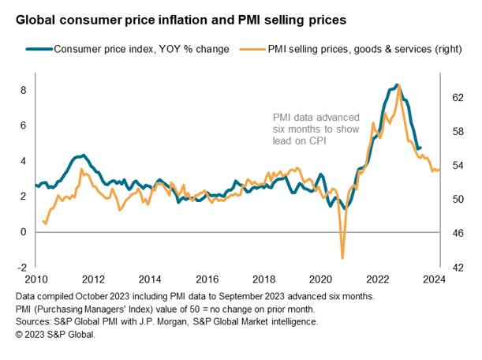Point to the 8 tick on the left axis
[x=24, y=91]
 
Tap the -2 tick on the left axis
[x=22, y=268]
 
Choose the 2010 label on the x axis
[x=36, y=279]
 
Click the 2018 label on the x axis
[x=263, y=279]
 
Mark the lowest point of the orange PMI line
[x=342, y=258]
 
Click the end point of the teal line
[x=420, y=148]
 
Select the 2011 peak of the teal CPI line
[x=84, y=155]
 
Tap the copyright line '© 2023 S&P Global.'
[x=55, y=335]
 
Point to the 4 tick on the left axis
[x=24, y=161]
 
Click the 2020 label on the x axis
[x=320, y=279]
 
